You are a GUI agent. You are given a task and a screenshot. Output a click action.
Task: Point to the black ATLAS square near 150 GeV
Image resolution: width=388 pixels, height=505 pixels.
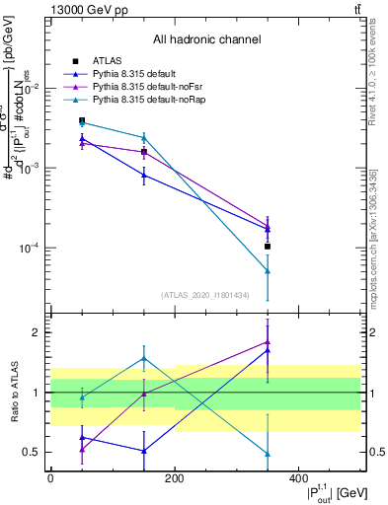144,152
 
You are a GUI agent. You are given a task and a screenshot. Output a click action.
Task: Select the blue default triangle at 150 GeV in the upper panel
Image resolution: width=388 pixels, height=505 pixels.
144,176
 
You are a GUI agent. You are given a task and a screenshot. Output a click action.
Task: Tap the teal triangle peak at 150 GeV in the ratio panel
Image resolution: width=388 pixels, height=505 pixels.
144,358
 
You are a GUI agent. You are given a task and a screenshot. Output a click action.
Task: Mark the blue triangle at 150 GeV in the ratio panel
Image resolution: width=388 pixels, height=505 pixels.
144,451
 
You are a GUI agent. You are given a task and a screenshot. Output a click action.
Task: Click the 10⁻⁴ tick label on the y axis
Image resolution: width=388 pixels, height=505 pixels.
28,249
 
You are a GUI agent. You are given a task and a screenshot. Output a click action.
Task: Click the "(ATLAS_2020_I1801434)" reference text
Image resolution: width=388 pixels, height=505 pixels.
205,295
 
